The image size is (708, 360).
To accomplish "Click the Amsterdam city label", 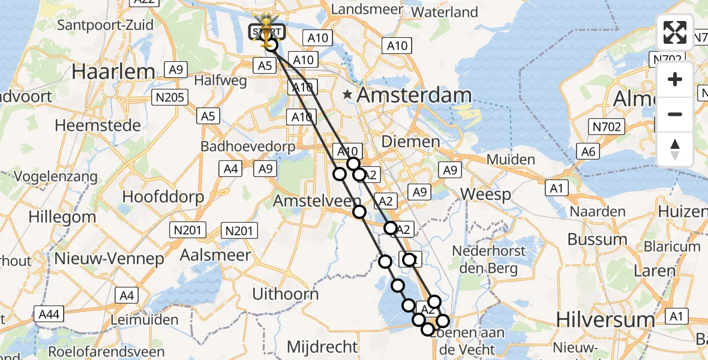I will (x=414, y=95).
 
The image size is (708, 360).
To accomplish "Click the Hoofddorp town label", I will (x=163, y=197).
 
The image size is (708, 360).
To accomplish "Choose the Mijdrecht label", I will (x=322, y=346).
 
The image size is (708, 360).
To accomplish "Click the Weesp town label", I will (x=486, y=194).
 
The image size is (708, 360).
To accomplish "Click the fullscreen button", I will (x=675, y=32).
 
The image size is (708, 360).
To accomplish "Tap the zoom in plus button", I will (x=675, y=79).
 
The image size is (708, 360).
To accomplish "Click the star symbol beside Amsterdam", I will (x=347, y=94).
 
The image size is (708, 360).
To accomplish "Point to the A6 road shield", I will (x=589, y=152).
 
